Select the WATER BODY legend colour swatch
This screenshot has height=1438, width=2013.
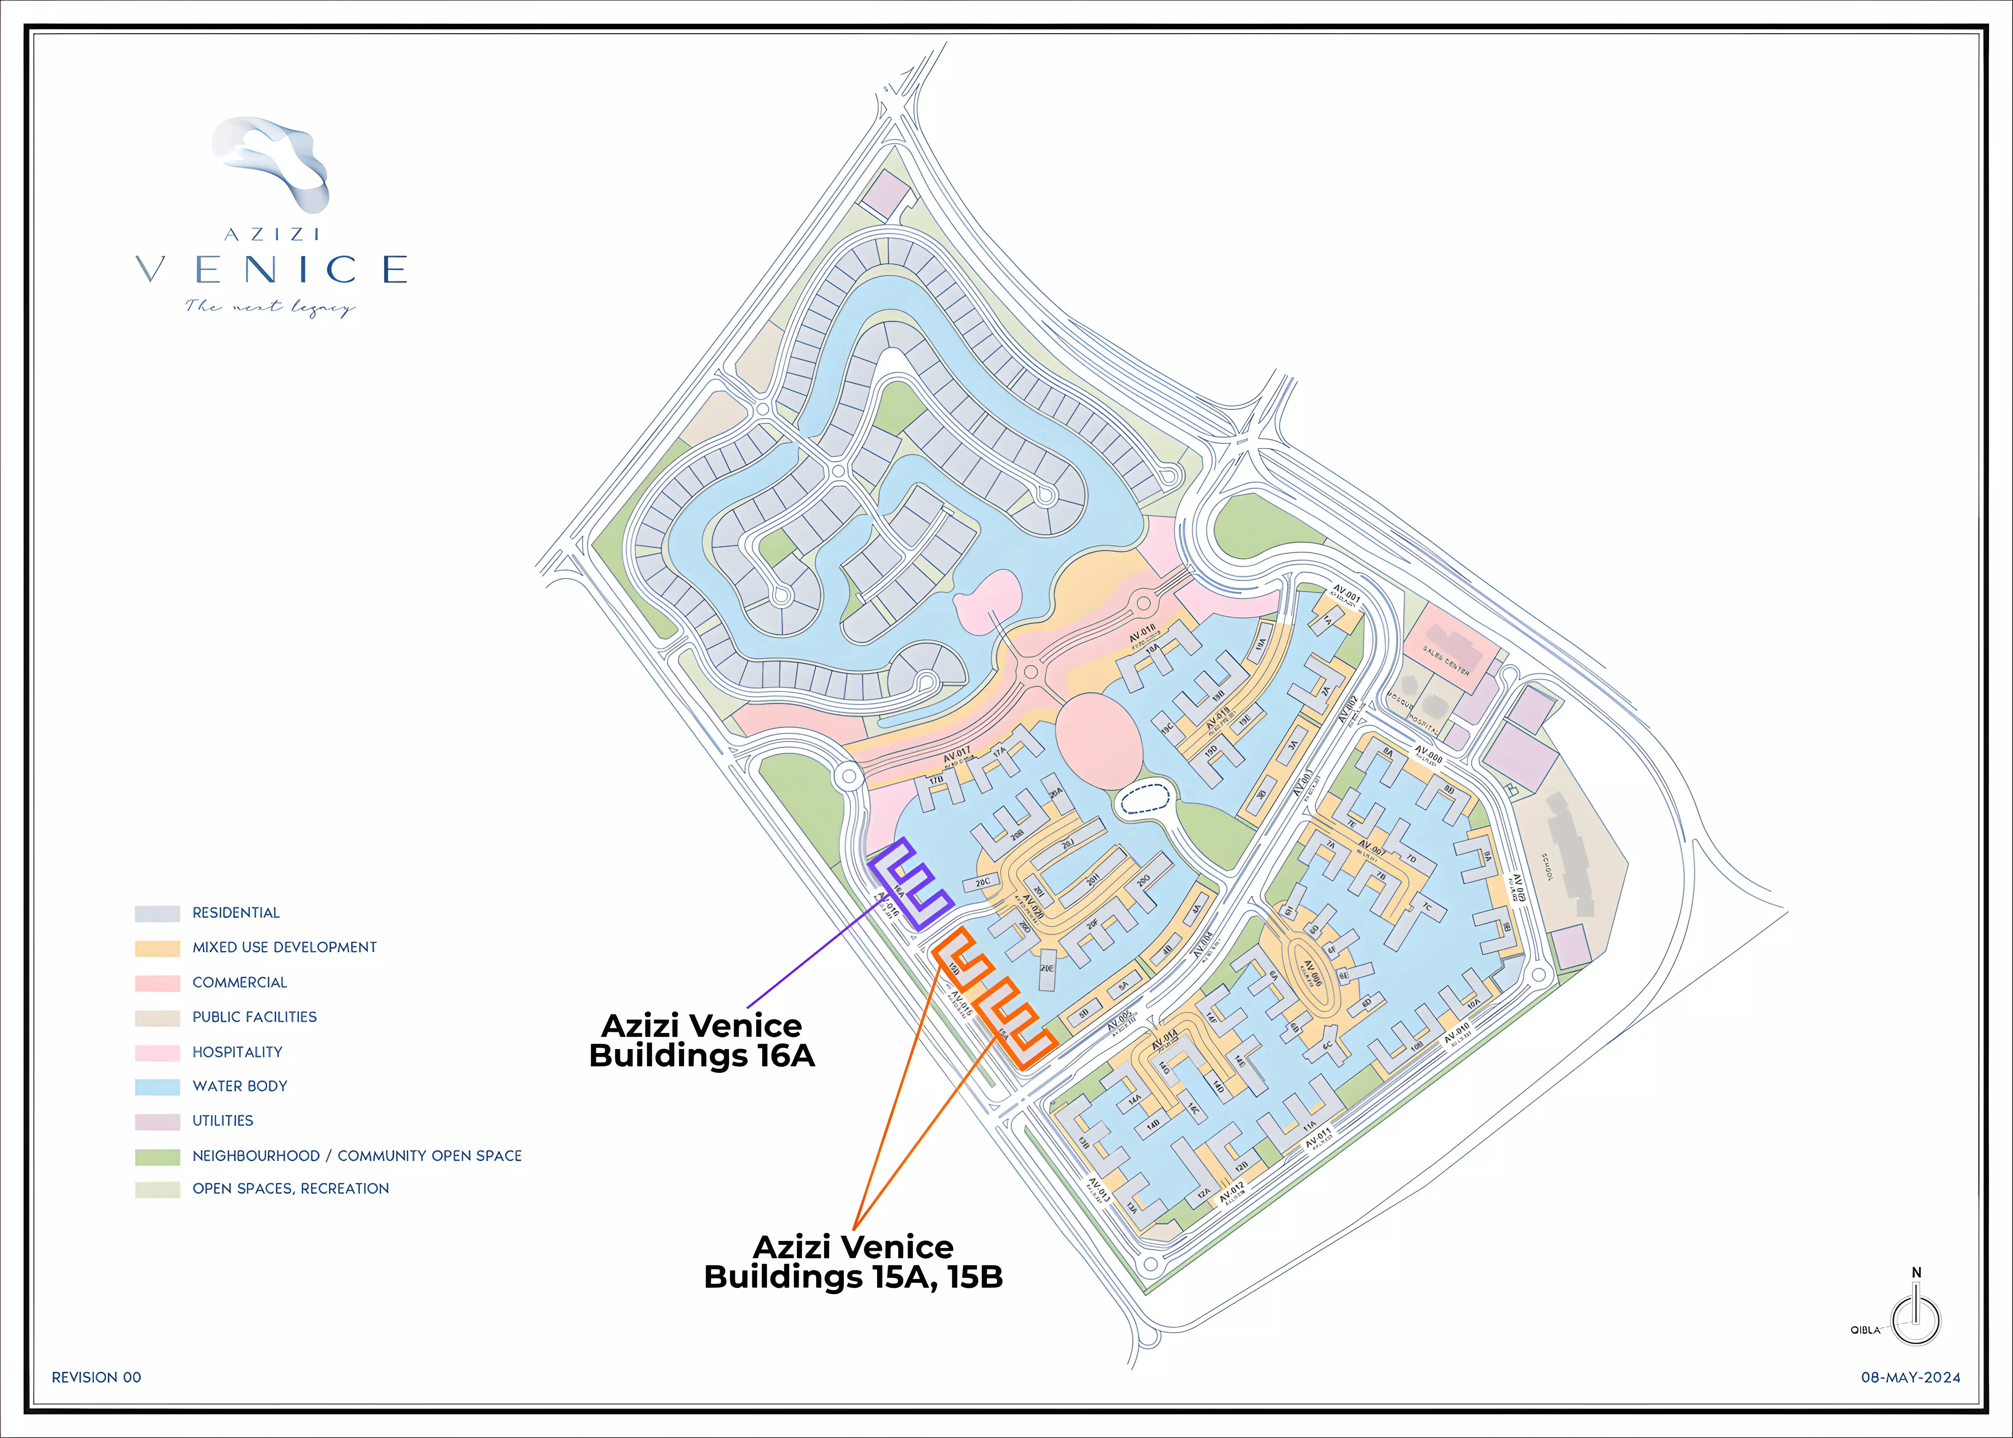(158, 1087)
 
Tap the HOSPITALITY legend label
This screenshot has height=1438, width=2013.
(237, 1052)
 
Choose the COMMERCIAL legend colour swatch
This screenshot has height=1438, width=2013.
(158, 983)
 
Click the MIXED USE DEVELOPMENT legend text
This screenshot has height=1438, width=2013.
(284, 947)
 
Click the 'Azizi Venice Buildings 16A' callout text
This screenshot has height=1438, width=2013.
(702, 1040)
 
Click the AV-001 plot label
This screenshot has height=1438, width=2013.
(1346, 592)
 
